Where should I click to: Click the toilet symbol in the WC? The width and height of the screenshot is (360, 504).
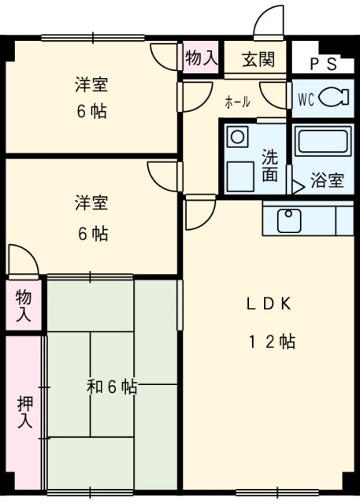(333, 98)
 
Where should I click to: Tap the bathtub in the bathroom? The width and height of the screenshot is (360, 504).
(323, 142)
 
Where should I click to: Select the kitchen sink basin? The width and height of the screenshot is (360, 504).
(289, 220)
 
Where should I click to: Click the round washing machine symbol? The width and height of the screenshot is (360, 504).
(238, 137)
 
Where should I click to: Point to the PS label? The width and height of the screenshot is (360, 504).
(324, 65)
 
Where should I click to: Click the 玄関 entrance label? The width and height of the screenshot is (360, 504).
(258, 60)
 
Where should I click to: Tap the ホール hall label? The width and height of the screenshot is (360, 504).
(237, 102)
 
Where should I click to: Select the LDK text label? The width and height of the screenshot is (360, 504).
(269, 304)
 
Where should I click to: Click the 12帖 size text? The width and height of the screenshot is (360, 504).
(272, 341)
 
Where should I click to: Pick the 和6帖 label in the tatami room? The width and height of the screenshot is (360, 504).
(112, 387)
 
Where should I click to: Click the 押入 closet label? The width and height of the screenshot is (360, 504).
(24, 412)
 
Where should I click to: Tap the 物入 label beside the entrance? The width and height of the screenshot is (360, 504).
(201, 58)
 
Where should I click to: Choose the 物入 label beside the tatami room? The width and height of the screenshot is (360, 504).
(24, 306)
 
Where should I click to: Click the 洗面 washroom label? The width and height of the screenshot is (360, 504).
(269, 165)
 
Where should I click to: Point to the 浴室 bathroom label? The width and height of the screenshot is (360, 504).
(328, 180)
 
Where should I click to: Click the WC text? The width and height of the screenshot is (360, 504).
(306, 99)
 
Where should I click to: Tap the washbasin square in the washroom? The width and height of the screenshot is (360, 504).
(240, 176)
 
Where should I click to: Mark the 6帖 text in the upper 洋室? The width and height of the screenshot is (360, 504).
(91, 112)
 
